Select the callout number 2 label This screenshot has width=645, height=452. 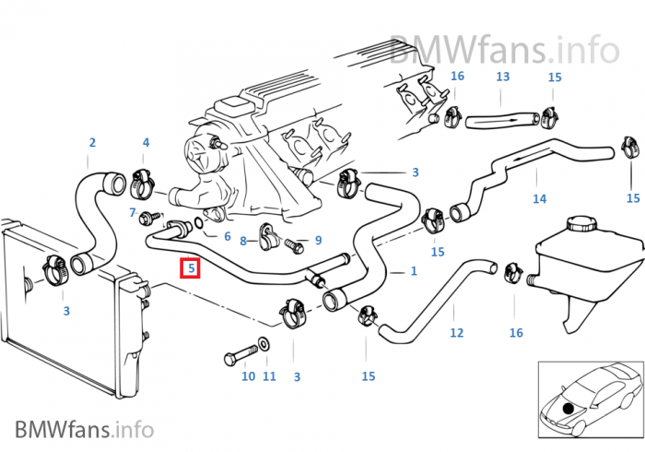tap(92, 143)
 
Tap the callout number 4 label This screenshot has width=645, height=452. tap(146, 143)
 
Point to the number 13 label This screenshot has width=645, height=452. tap(503, 77)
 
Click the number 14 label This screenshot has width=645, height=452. tap(540, 199)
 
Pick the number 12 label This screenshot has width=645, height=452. tap(457, 333)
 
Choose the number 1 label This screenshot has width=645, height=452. tap(413, 271)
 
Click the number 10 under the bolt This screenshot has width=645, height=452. tap(248, 376)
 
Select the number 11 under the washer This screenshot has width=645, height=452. tap(269, 376)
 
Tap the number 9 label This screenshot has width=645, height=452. tap(318, 241)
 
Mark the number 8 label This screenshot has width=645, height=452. tap(243, 242)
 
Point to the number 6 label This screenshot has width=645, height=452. tap(227, 236)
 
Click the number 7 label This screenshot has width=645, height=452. tap(134, 213)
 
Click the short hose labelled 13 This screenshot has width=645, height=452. tap(498, 119)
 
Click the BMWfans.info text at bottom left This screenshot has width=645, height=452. tap(83, 428)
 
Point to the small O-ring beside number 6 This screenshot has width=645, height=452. tap(201, 227)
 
